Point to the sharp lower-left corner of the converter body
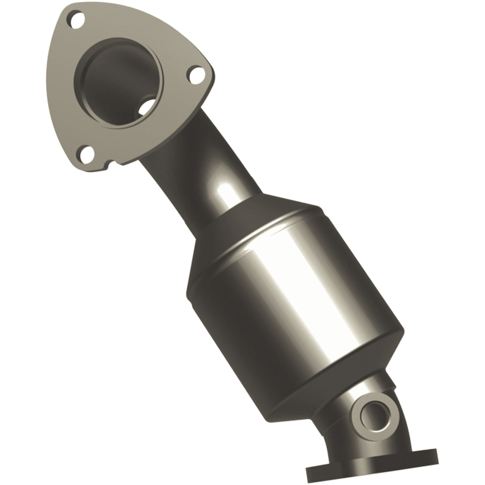tap(188, 286)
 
